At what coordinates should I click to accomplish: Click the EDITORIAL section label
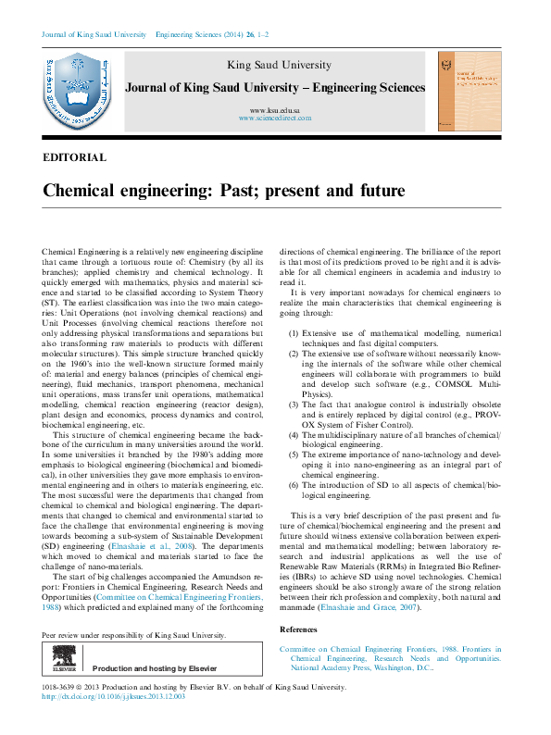click(x=75, y=158)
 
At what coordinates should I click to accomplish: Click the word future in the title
click(x=372, y=192)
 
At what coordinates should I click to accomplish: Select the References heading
click(x=304, y=629)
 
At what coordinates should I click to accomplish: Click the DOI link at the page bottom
click(x=115, y=697)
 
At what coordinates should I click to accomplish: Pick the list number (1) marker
click(x=294, y=332)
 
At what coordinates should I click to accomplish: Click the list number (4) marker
click(x=294, y=408)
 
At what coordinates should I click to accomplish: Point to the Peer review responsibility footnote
click(x=135, y=636)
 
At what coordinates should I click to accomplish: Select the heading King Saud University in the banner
click(x=279, y=65)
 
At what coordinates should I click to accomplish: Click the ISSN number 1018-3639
click(x=61, y=688)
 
